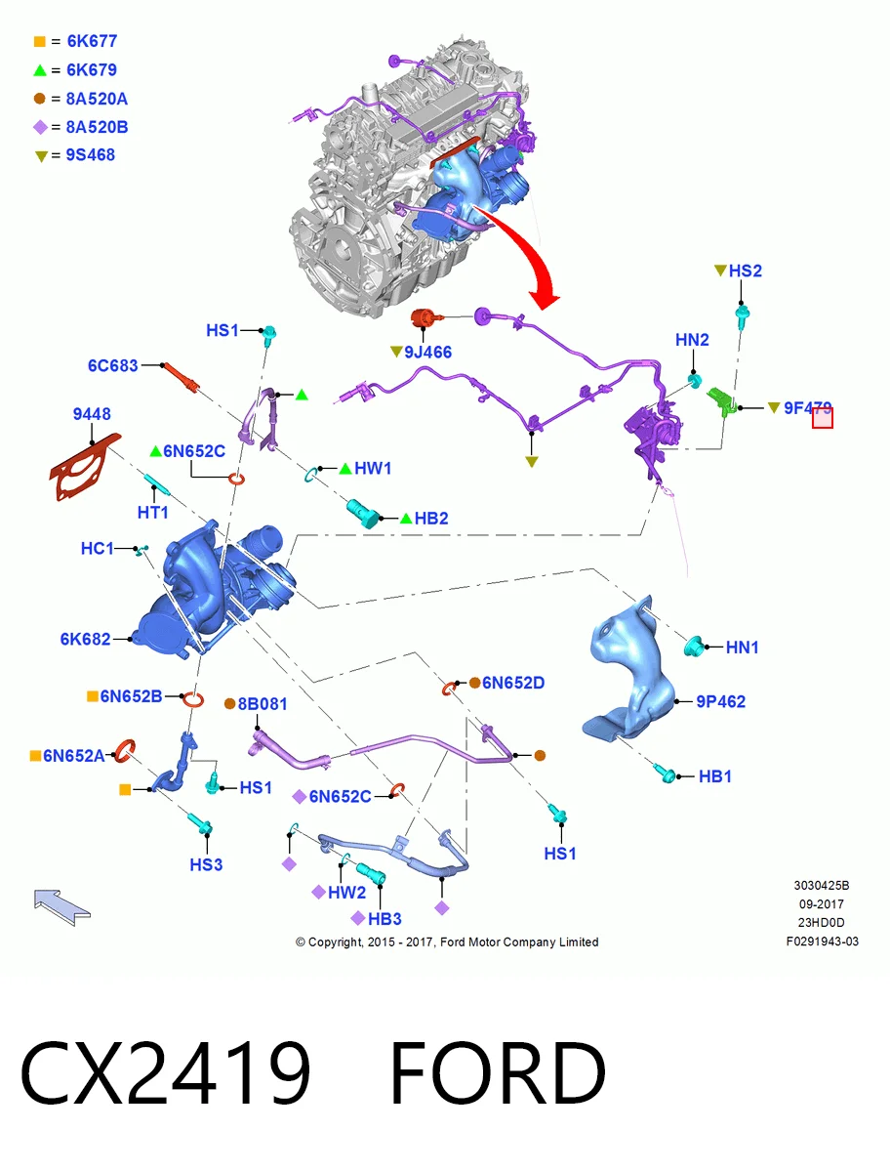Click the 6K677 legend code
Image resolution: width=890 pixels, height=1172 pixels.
click(92, 41)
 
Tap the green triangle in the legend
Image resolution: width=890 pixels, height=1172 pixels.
click(40, 70)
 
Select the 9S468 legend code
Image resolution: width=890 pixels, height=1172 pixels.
click(90, 155)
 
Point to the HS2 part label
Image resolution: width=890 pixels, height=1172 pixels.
click(745, 271)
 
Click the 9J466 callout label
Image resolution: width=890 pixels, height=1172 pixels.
click(427, 353)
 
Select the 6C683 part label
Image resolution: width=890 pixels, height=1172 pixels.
click(112, 365)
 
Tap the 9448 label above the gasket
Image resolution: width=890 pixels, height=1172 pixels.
click(92, 414)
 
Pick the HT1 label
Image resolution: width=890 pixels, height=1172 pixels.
click(152, 513)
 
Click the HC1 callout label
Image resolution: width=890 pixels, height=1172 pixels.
click(97, 548)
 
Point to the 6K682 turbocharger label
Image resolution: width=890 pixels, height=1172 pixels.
click(85, 639)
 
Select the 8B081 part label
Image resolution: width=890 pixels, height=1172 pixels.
click(263, 704)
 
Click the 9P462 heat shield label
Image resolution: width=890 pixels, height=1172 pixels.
click(720, 701)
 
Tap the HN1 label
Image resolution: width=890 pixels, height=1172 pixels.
click(742, 648)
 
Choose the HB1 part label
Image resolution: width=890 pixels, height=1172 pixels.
click(714, 776)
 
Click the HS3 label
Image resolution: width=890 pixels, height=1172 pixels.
click(206, 865)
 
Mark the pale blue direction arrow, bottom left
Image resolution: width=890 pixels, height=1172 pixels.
click(61, 906)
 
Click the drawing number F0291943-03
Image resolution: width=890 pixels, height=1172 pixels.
click(822, 942)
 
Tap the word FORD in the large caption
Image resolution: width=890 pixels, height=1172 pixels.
click(498, 1073)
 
